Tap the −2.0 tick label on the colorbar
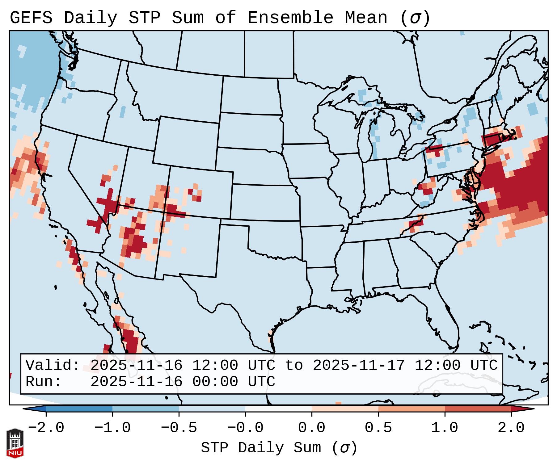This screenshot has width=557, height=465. coord(46,428)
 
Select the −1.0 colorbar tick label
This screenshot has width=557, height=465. coord(112,428)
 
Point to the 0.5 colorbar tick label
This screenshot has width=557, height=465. coord(378,428)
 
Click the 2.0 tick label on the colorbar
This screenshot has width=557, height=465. coord(511,428)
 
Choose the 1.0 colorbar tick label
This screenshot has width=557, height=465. coord(445,428)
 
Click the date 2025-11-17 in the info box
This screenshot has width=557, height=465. coord(359,365)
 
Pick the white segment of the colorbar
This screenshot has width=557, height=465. coord(278,409)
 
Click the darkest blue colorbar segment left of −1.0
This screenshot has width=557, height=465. coord(79,409)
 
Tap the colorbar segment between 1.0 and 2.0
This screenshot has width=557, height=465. coord(478,409)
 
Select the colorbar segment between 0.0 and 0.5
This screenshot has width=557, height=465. coord(345,409)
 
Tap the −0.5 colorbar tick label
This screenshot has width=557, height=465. coord(179,428)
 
